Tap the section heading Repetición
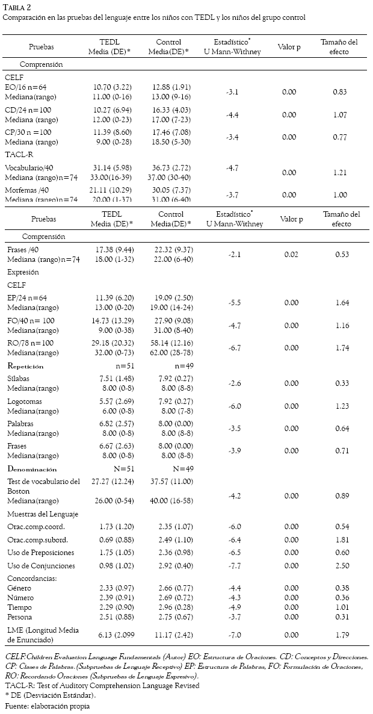34,365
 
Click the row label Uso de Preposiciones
41,553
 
